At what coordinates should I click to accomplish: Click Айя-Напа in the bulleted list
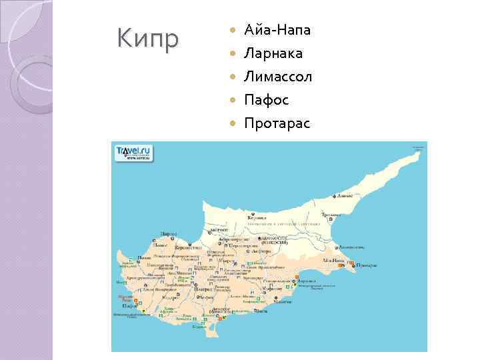(277, 30)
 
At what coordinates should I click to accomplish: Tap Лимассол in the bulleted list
(278, 77)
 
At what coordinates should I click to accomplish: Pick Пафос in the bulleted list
(267, 100)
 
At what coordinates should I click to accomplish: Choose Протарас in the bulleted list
(277, 123)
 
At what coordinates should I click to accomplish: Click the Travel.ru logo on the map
(133, 153)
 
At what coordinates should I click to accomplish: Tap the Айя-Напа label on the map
(333, 259)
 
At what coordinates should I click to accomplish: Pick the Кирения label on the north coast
(257, 217)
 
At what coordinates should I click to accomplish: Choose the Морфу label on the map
(219, 229)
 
